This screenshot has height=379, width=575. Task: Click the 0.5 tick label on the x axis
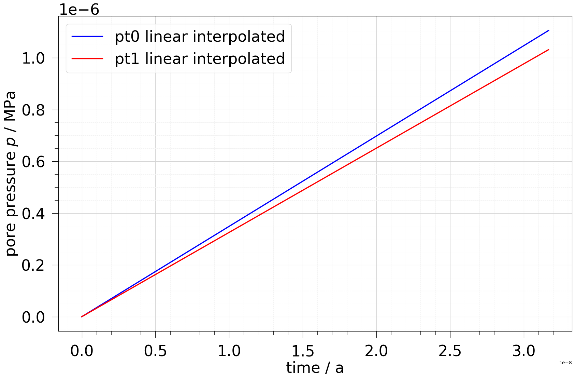point(155,351)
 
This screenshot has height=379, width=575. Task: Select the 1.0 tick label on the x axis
point(229,351)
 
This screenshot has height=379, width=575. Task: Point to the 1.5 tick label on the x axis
point(303,351)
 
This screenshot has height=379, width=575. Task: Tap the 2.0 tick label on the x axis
point(376,351)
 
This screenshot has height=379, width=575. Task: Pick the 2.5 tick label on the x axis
point(450,351)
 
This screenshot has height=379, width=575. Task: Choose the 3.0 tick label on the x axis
point(524,351)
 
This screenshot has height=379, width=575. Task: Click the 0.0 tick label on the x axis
point(82,351)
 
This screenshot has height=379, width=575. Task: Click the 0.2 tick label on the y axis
point(33,266)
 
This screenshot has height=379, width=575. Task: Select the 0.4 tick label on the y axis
point(33,214)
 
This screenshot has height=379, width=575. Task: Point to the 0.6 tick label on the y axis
point(33,162)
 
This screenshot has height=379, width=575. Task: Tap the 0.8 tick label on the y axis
point(33,110)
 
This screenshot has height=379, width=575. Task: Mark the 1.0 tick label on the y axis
point(33,58)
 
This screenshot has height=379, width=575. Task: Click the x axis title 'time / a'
point(315,368)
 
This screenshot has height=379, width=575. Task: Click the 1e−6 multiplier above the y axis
point(79,9)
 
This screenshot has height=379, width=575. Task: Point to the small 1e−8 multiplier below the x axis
point(565,363)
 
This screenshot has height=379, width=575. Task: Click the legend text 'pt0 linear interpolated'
point(200,37)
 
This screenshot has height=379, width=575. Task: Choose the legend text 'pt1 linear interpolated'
point(200,59)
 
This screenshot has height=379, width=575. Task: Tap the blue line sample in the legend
point(87,37)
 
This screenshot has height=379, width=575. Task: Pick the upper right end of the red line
point(548,50)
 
